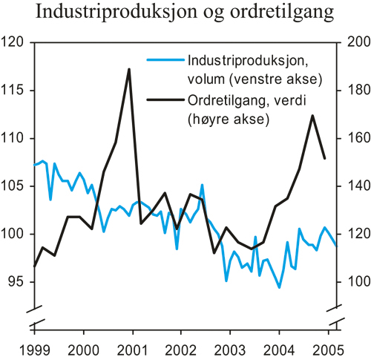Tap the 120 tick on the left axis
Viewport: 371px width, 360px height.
(x=15, y=43)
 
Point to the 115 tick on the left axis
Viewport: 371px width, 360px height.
(x=15, y=91)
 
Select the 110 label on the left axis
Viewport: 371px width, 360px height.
(x=15, y=139)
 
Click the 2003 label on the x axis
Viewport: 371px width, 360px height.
(x=231, y=350)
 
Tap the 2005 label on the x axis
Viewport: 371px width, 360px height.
(x=329, y=350)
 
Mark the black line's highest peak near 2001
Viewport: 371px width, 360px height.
(x=129, y=69)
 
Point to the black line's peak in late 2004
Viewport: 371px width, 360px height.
(x=312, y=115)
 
